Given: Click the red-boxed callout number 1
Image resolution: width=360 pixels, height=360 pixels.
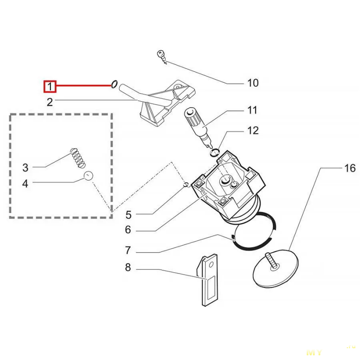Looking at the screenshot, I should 49,85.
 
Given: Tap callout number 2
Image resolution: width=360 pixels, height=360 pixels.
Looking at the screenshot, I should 50,102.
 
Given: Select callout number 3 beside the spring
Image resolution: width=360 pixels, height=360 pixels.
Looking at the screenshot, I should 26,168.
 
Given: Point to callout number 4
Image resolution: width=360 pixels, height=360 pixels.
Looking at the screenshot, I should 26,184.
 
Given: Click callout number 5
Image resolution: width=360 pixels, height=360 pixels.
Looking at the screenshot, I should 128,214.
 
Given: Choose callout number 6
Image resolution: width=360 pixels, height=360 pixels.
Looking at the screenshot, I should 128,230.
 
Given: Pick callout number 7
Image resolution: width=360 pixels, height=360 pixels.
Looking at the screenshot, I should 128,250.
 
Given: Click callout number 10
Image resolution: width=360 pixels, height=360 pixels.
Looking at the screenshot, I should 253,83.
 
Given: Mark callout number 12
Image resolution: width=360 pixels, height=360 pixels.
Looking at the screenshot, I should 253,130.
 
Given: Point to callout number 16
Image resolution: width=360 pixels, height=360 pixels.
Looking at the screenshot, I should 350,168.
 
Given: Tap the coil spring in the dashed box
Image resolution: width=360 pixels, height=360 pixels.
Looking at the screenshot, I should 79,157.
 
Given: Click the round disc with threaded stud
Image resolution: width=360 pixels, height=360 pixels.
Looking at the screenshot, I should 273,270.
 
